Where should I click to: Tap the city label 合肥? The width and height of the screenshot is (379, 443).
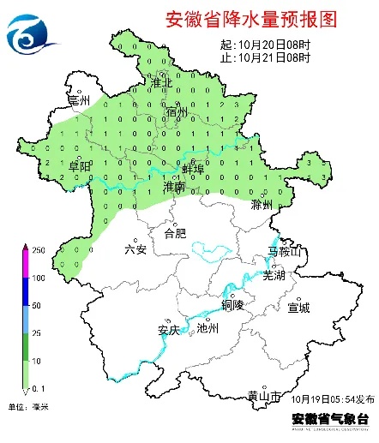(x=174, y=232)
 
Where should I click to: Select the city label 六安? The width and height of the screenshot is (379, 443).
(x=135, y=249)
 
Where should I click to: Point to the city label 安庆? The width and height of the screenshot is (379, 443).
(x=168, y=329)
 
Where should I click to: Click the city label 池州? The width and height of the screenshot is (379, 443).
(x=208, y=328)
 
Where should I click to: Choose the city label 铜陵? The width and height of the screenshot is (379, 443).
(x=233, y=304)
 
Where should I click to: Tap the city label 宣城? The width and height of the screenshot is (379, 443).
(x=298, y=307)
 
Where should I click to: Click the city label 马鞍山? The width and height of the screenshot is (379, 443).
(x=285, y=252)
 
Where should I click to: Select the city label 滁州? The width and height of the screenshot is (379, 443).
(x=262, y=206)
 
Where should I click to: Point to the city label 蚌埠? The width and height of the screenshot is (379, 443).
(x=193, y=171)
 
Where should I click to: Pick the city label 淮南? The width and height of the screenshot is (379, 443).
(x=174, y=186)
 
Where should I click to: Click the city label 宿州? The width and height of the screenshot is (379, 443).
(x=177, y=112)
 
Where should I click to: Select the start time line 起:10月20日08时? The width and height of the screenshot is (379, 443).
(x=265, y=45)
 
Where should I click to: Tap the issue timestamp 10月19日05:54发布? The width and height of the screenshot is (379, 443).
(x=332, y=399)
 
